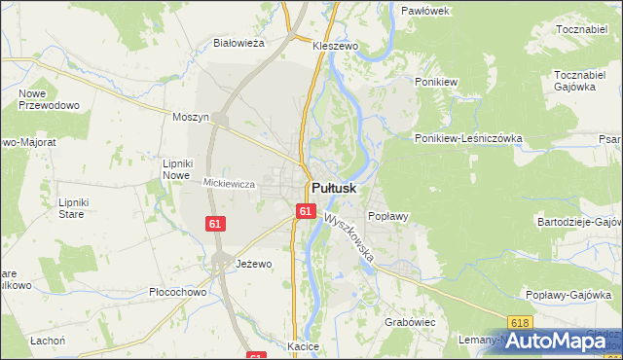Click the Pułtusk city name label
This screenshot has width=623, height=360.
[334, 188]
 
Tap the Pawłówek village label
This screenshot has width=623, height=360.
[425, 10]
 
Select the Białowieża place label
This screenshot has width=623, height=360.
[239, 43]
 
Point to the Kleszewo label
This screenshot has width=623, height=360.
[336, 46]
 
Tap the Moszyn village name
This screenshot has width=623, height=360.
[191, 117]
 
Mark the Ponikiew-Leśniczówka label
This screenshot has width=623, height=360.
[468, 138]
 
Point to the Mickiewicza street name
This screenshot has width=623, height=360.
[229, 183]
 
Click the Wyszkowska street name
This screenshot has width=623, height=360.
[350, 238]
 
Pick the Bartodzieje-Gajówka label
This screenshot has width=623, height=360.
[578, 222]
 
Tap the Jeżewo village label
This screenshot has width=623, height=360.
[254, 264]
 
